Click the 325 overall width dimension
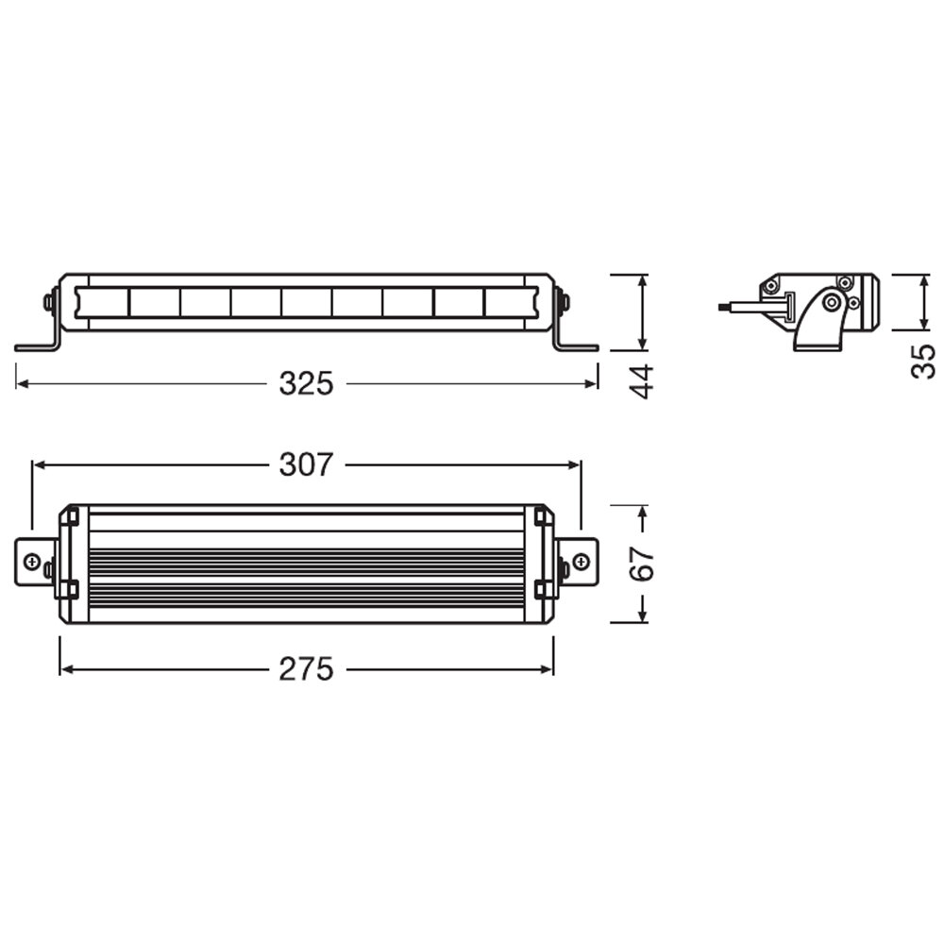pos(306,383)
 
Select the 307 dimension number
pos(306,464)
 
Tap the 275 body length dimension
pos(306,669)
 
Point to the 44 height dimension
pos(642,380)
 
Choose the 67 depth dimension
pos(642,564)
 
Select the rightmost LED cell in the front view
pos(510,302)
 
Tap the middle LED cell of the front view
pos(306,302)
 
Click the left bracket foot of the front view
pos(36,346)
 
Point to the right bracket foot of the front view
pos(577,346)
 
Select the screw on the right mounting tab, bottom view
pos(582,564)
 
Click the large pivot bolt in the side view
pos(831,302)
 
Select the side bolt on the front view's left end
pos(48,302)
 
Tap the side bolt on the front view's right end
pos(565,302)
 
